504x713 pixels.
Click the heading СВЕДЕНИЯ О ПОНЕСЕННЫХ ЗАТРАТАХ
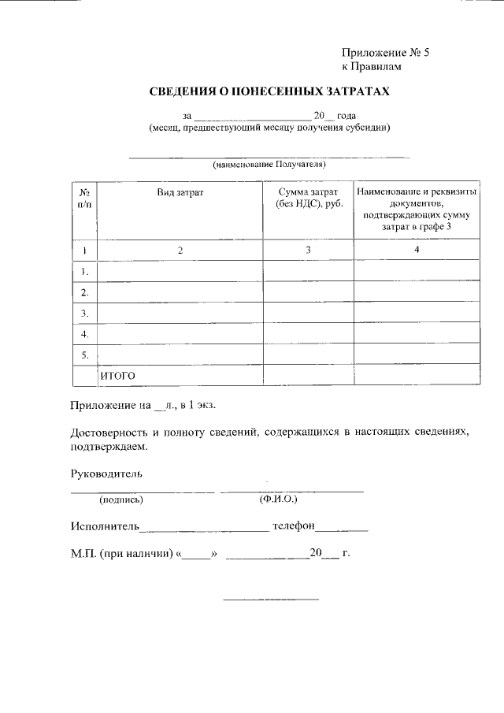[x=270, y=93]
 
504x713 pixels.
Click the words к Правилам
[x=376, y=68]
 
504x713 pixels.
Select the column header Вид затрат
[x=180, y=193]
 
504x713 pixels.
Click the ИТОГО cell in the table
[x=118, y=376]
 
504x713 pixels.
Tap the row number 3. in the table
[x=84, y=313]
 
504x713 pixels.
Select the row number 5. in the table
[x=84, y=355]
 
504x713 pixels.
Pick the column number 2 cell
[x=180, y=250]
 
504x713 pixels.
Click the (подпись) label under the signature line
[x=120, y=499]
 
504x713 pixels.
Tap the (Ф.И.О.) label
[x=277, y=499]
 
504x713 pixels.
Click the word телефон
[x=294, y=525]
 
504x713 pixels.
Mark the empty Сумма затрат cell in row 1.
[x=308, y=271]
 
